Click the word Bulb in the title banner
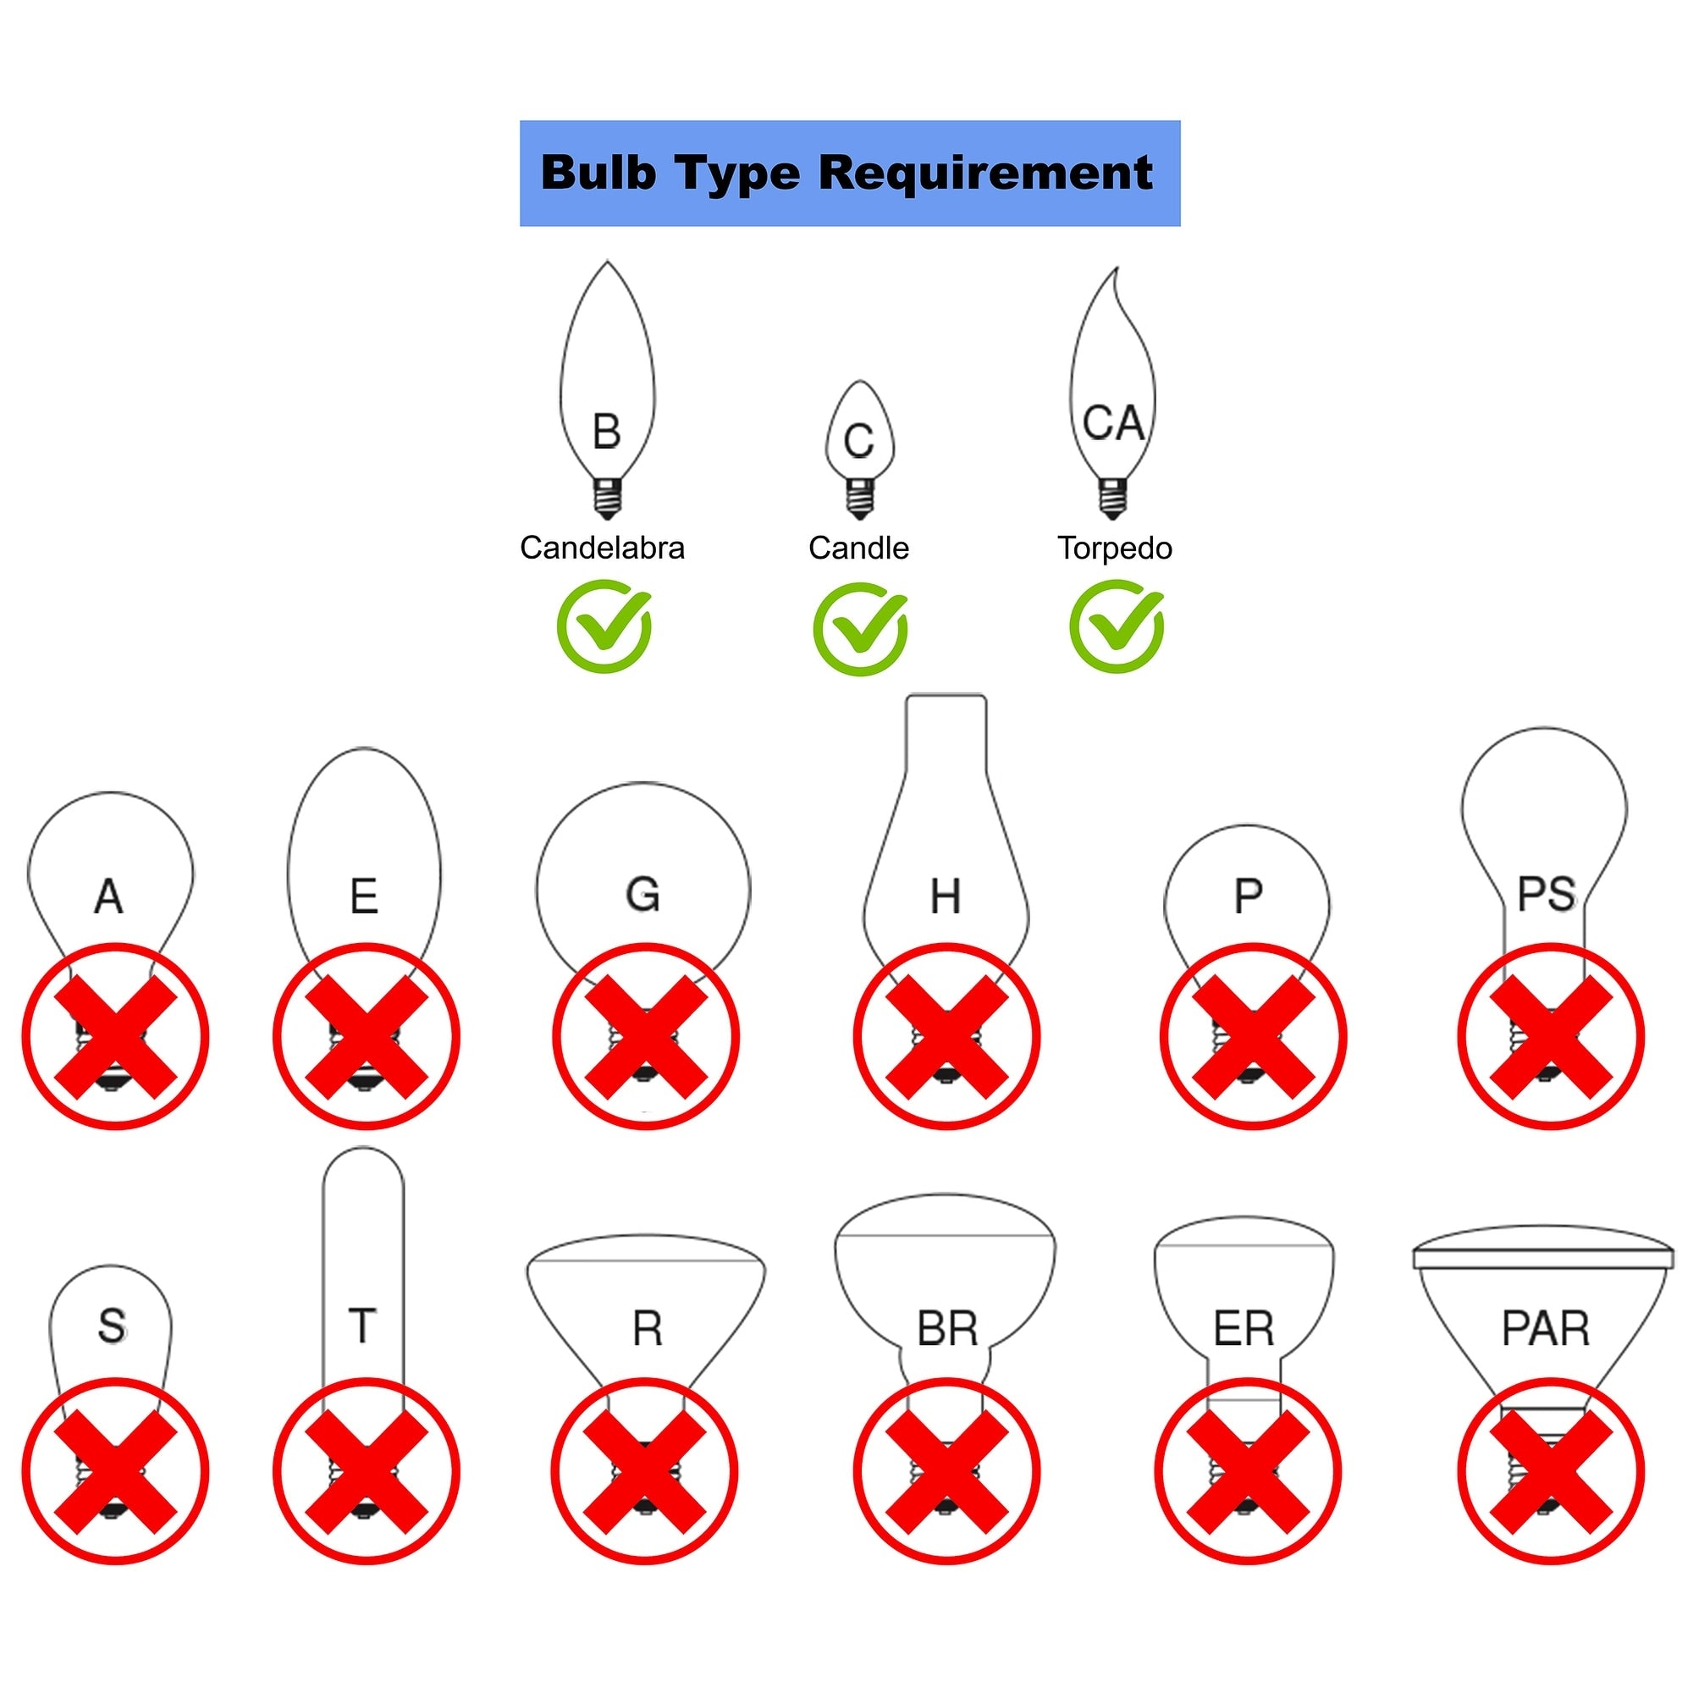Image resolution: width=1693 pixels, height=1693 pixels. click(x=598, y=173)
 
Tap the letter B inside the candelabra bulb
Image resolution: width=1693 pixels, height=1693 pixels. click(x=606, y=432)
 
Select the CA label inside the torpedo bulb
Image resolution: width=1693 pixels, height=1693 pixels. click(x=1113, y=423)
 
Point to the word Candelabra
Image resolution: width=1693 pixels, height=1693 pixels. click(x=602, y=548)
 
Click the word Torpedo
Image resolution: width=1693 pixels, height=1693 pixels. click(x=1115, y=548)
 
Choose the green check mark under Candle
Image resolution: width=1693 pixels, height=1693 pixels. click(x=860, y=629)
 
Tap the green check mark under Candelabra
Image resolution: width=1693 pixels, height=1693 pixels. click(x=604, y=627)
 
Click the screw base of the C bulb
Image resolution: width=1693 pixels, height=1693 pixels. click(x=860, y=498)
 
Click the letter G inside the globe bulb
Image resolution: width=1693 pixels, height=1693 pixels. click(x=642, y=895)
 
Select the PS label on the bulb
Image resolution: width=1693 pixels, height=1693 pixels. click(x=1547, y=895)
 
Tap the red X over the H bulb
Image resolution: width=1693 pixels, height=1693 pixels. click(x=946, y=1037)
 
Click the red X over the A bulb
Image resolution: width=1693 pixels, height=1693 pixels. click(x=115, y=1037)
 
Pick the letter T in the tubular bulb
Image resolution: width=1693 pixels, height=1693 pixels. click(x=362, y=1326)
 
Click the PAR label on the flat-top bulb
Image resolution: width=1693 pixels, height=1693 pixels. click(x=1546, y=1328)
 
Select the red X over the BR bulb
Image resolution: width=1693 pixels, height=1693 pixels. click(x=946, y=1471)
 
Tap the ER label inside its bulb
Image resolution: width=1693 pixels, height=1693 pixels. click(x=1244, y=1328)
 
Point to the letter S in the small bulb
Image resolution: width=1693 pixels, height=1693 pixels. click(x=111, y=1326)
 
